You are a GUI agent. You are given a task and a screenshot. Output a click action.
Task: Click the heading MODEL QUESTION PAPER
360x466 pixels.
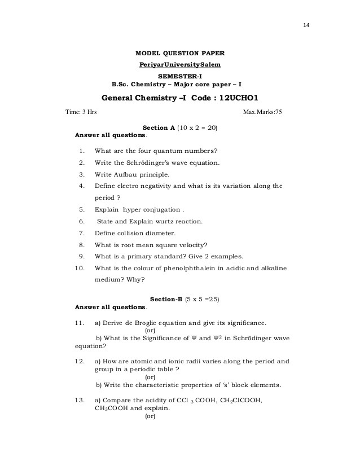point(180,53)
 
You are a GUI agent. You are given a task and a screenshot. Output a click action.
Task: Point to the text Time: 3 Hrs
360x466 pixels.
point(81,112)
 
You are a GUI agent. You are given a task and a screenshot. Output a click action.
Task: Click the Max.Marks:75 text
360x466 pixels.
point(262,112)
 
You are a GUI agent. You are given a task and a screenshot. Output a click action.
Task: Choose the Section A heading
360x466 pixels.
point(159,128)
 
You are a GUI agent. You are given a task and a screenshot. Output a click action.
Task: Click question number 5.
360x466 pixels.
point(82,209)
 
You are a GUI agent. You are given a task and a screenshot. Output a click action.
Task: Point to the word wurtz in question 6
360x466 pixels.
point(161,221)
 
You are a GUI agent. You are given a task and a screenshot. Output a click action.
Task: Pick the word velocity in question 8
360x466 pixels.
point(191,244)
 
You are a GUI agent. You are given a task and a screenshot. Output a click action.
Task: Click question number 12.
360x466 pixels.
point(80,361)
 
